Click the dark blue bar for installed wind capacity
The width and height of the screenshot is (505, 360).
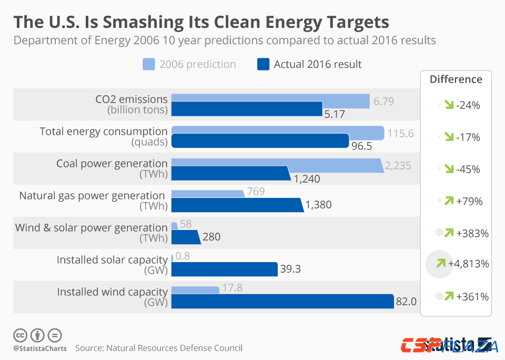(282, 302)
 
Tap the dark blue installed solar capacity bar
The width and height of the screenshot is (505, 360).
(225, 269)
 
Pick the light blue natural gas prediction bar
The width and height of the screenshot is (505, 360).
(208, 193)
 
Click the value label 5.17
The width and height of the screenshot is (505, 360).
(335, 113)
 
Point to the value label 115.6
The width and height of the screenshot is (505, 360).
(400, 134)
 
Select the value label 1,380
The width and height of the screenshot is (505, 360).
(318, 205)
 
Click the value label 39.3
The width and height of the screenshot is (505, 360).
(290, 269)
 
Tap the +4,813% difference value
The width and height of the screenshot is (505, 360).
(469, 264)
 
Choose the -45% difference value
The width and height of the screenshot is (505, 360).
(468, 169)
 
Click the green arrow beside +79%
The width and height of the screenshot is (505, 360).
(449, 201)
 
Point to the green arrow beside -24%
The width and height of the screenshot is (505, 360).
(449, 105)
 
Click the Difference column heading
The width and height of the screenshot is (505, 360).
(456, 79)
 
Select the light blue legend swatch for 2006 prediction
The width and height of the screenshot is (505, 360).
(149, 65)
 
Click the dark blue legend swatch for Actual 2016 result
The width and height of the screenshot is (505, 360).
(263, 65)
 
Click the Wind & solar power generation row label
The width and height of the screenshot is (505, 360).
(91, 228)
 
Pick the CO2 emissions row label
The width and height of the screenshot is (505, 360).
(132, 99)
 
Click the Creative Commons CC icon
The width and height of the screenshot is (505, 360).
(20, 335)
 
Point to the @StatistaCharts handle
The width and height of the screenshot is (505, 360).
(40, 348)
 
